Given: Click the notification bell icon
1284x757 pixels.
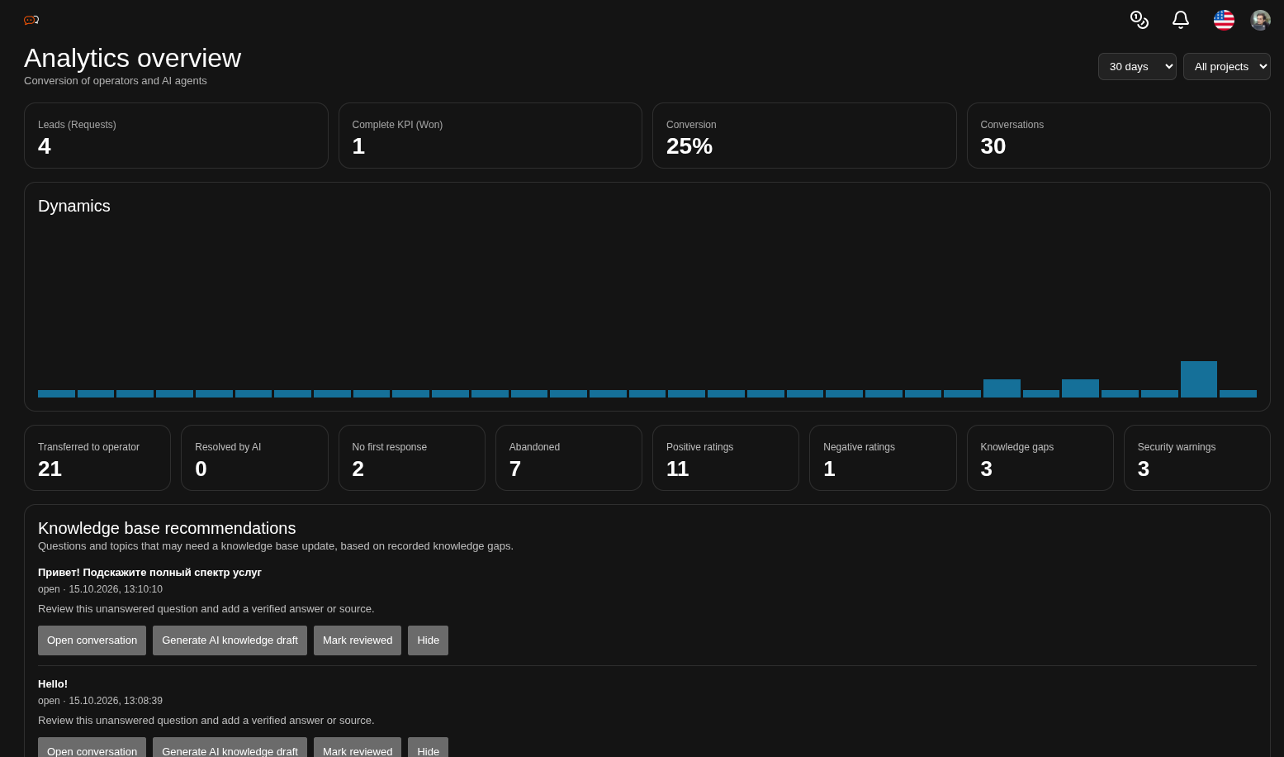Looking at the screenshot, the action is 1180,20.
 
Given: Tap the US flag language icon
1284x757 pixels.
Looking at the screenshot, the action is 1224,20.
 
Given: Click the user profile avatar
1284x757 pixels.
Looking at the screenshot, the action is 1261,20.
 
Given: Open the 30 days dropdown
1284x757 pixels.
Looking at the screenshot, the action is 1137,66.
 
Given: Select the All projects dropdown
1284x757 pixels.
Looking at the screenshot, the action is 1227,66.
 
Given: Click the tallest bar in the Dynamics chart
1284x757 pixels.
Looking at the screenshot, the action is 1199,379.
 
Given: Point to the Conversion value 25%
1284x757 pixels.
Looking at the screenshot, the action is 689,146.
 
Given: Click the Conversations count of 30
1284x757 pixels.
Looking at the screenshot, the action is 993,146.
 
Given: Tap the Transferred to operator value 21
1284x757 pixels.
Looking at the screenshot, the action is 50,469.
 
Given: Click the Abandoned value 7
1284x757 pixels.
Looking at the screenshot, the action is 514,469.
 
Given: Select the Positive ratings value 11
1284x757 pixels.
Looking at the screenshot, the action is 677,469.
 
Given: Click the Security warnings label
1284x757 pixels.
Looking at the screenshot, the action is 1176,447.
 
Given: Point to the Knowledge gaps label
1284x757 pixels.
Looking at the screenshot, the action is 1017,447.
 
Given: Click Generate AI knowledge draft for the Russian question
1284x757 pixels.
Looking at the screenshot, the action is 230,640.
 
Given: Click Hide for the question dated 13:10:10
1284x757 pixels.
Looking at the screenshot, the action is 428,640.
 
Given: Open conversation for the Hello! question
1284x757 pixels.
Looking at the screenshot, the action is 92,748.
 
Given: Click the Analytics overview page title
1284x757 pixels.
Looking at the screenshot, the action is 132,58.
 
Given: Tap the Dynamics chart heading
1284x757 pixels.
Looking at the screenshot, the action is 74,206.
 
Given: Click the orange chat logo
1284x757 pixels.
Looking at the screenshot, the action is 31,20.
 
